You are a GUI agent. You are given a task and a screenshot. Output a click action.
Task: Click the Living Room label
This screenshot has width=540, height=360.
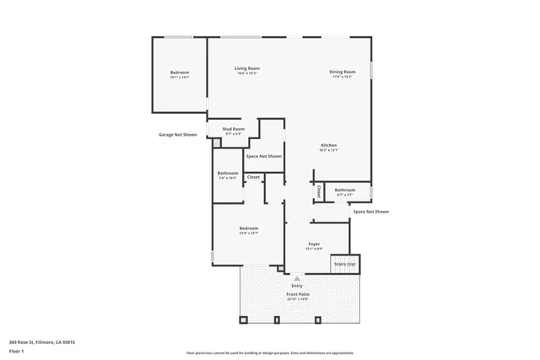[x=247, y=68]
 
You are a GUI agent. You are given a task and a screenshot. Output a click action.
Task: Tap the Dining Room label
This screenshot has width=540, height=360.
[x=342, y=72]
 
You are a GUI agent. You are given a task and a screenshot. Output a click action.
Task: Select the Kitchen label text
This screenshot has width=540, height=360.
[x=328, y=146]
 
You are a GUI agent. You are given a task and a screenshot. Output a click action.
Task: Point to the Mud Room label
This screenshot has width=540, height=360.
[x=233, y=129]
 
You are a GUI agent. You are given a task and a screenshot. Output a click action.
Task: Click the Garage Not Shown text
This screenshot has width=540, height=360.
[x=177, y=134]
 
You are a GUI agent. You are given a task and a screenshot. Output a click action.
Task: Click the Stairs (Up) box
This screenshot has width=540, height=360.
[x=344, y=264]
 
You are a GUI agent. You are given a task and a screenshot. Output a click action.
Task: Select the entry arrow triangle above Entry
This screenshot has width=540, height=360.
[x=295, y=277]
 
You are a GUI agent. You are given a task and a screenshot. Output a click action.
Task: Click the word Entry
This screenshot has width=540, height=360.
[x=297, y=286]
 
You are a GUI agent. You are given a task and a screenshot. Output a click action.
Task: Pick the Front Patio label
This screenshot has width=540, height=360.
[x=298, y=295]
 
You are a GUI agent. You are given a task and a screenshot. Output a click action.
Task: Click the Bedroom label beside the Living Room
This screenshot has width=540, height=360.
[x=180, y=73]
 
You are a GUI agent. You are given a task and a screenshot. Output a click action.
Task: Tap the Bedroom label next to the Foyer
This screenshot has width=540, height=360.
[x=248, y=228]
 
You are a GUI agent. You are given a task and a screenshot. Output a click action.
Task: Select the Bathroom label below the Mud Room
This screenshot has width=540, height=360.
[x=228, y=174]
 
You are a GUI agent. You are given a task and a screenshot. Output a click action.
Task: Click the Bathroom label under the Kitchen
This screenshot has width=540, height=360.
[x=344, y=190]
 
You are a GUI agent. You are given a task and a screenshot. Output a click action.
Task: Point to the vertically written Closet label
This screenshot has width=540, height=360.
[x=319, y=192]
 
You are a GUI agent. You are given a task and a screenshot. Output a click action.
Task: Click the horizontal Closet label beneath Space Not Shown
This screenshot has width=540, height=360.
[x=253, y=177]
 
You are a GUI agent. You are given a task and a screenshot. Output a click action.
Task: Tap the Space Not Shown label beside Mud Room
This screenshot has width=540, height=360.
[x=264, y=156]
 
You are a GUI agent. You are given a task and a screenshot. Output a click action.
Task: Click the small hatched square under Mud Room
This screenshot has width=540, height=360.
[x=216, y=143]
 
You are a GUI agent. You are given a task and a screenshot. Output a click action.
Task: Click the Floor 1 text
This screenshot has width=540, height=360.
[x=17, y=351]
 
